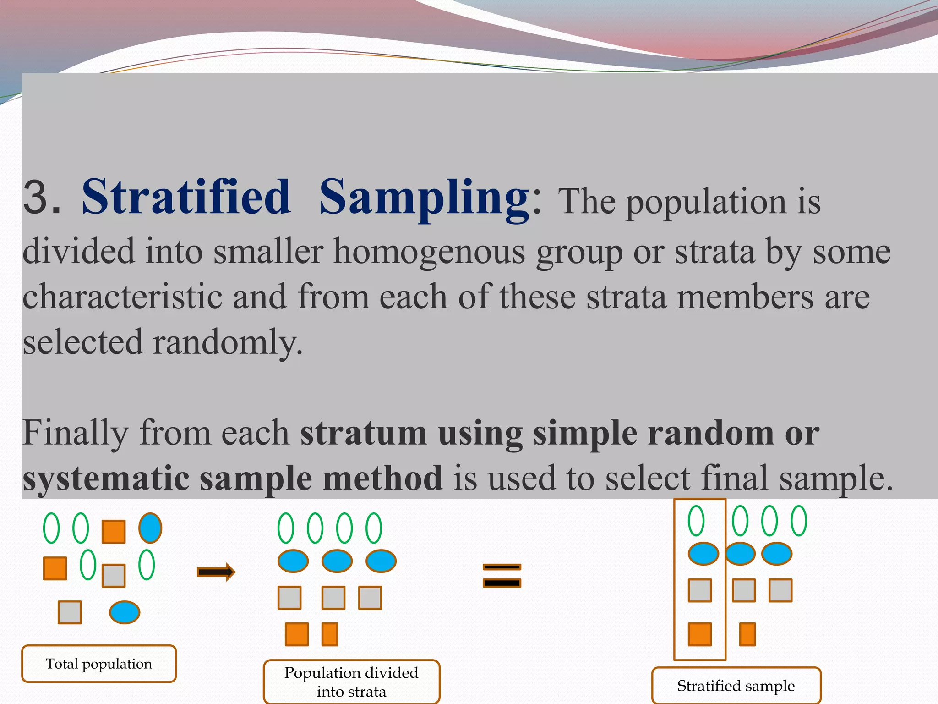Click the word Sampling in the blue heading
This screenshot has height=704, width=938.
click(424, 198)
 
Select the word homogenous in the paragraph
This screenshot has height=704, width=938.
click(429, 252)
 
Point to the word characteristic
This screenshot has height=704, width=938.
click(122, 297)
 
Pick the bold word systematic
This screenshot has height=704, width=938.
click(105, 478)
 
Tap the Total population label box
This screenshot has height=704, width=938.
click(99, 664)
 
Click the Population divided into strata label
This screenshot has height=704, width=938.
click(351, 682)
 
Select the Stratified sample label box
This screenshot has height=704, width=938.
click(736, 686)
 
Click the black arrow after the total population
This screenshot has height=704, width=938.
click(216, 572)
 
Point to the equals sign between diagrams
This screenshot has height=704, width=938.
click(502, 575)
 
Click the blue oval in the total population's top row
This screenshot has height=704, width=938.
click(150, 528)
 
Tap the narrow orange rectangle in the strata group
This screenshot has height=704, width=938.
click(330, 634)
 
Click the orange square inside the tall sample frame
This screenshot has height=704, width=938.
click(700, 634)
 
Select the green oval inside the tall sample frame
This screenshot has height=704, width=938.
click(696, 521)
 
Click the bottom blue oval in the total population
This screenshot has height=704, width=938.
click(125, 612)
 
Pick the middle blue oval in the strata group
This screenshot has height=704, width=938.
click(337, 561)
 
